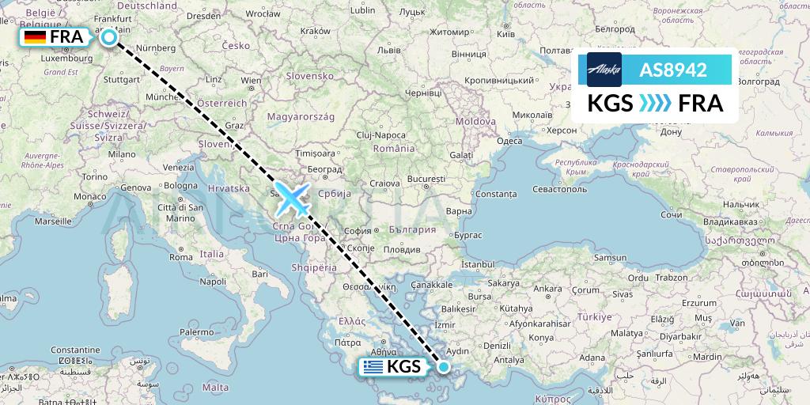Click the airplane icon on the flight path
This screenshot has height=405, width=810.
tap(293, 199)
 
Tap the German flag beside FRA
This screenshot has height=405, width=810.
tap(35, 37)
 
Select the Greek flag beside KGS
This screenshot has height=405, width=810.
tap(373, 366)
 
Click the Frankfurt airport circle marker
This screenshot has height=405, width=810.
tap(109, 36)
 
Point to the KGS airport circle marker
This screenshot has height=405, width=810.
tap(445, 366)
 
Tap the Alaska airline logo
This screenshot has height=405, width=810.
tap(604, 70)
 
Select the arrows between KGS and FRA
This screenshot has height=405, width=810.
tap(653, 103)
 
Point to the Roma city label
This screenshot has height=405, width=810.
tap(181, 257)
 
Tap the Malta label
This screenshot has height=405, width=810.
tap(215, 388)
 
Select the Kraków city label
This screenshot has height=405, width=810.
tap(315, 30)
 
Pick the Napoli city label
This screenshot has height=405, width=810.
tap(213, 281)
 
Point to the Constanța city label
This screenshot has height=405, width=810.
tap(497, 194)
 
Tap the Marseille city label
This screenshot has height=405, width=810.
tap(53, 221)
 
